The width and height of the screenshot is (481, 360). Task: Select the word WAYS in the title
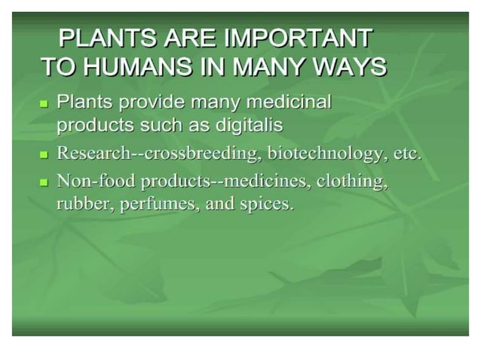pyautogui.click(x=350, y=66)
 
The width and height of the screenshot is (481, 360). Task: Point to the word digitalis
pyautogui.click(x=246, y=124)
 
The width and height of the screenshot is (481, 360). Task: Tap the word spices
pyautogui.click(x=265, y=204)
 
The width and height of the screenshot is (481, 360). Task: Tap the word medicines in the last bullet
pyautogui.click(x=268, y=182)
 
